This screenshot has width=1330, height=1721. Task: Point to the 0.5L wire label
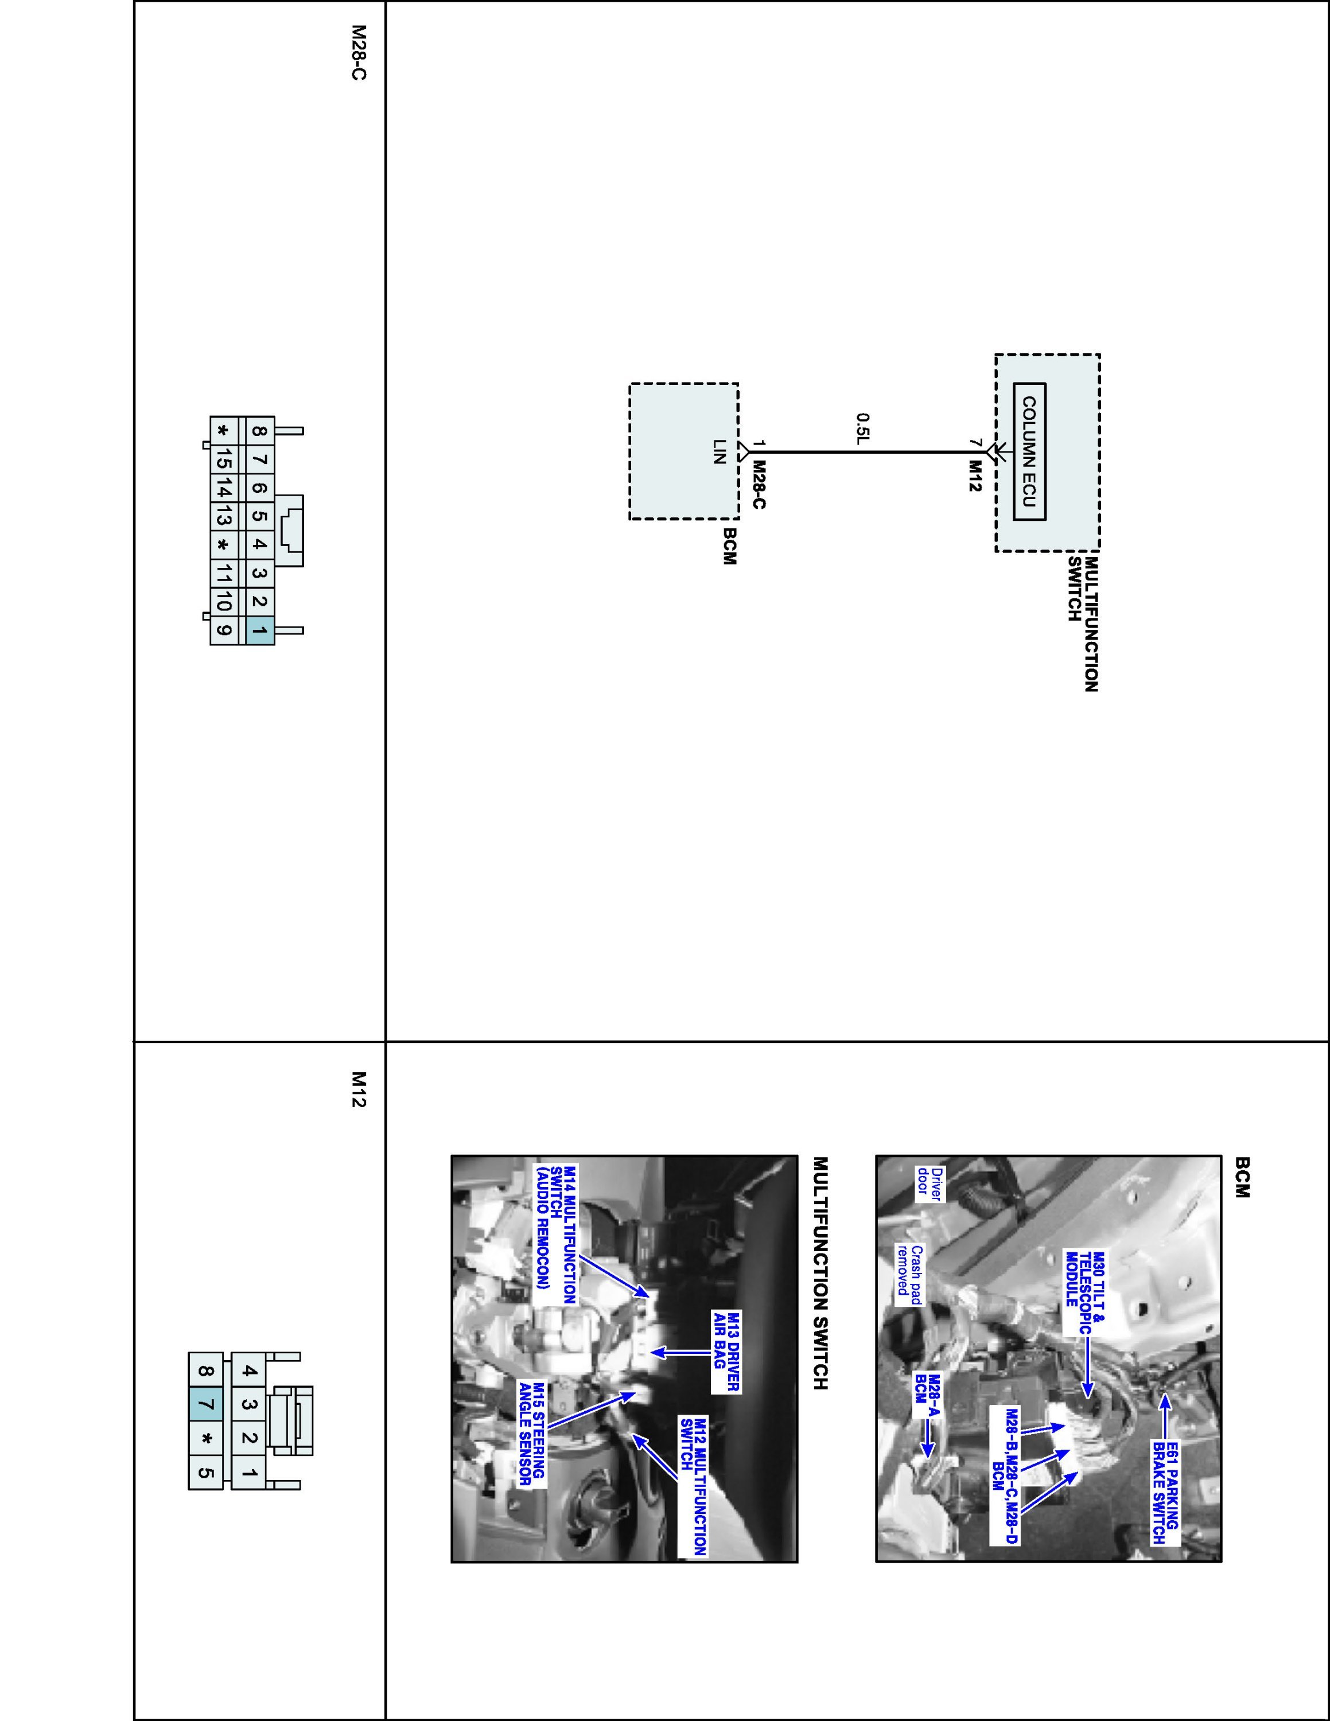click(x=863, y=428)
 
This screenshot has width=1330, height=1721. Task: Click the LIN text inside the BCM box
click(x=718, y=451)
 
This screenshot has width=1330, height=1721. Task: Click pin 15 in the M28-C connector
click(x=223, y=458)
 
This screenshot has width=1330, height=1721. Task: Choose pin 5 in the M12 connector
click(x=205, y=1472)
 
